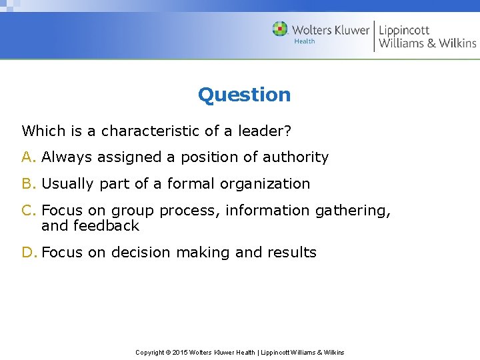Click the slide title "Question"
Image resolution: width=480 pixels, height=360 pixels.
pos(244,95)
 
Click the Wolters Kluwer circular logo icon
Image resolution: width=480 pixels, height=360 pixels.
pos(280,29)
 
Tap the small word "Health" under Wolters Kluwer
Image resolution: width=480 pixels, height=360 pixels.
pos(305,41)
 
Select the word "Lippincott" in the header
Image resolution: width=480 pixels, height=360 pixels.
pos(404,29)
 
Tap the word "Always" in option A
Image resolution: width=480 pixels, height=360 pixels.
pos(67,157)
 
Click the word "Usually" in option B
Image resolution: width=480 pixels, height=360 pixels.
pos(68,183)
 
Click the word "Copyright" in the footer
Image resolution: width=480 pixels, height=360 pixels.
pos(150,352)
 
